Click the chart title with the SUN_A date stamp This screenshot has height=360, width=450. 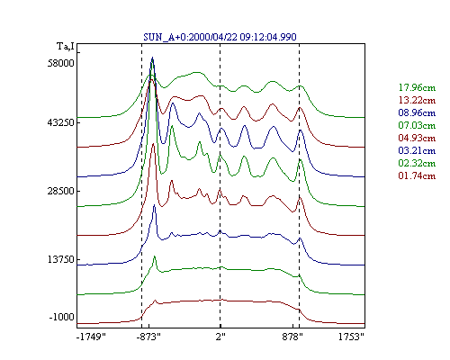point(220,37)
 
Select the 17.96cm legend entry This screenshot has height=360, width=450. point(417,87)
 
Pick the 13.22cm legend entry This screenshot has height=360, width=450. point(417,100)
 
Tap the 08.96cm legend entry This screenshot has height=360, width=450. point(417,112)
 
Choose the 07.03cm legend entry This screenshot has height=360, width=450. point(417,125)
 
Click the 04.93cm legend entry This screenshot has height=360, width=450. point(417,138)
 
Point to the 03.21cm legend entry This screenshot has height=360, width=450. point(417,150)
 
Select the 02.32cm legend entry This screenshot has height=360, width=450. point(417,163)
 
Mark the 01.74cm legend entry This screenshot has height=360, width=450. point(417,175)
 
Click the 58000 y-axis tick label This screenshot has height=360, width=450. point(60,63)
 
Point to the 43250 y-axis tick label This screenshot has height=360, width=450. point(60,123)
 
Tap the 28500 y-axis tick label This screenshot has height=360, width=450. point(60,191)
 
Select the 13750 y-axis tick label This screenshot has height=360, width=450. point(60,259)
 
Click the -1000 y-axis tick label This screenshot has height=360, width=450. point(61,317)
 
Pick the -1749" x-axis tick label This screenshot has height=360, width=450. point(91,337)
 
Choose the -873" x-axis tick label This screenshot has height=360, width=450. point(148,337)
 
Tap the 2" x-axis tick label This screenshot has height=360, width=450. point(220,337)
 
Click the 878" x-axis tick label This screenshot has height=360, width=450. point(292,337)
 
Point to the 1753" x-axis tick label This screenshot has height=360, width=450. point(351,337)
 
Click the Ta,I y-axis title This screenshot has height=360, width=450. point(66,47)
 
